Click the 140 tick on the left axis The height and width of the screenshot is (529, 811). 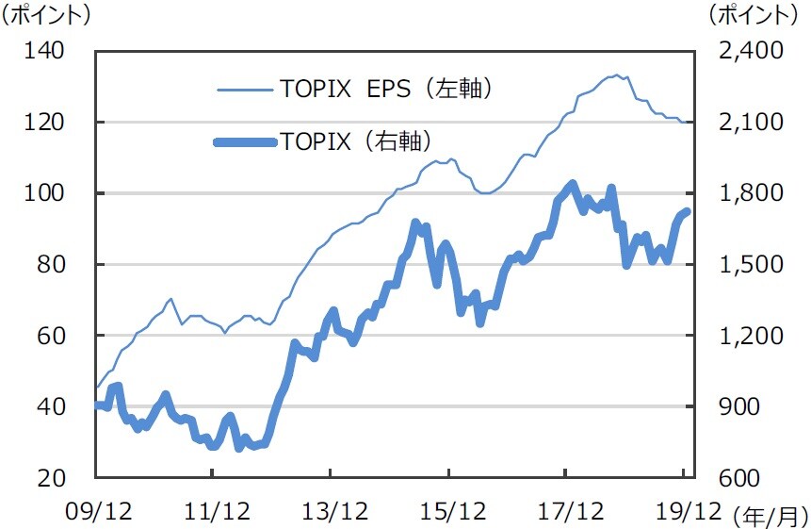(x=45, y=51)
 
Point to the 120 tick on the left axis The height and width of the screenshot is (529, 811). (x=45, y=123)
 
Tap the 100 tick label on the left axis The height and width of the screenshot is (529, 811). (x=45, y=193)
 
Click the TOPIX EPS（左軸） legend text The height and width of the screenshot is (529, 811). (x=386, y=90)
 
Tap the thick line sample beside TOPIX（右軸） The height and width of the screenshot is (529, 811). (x=245, y=142)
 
